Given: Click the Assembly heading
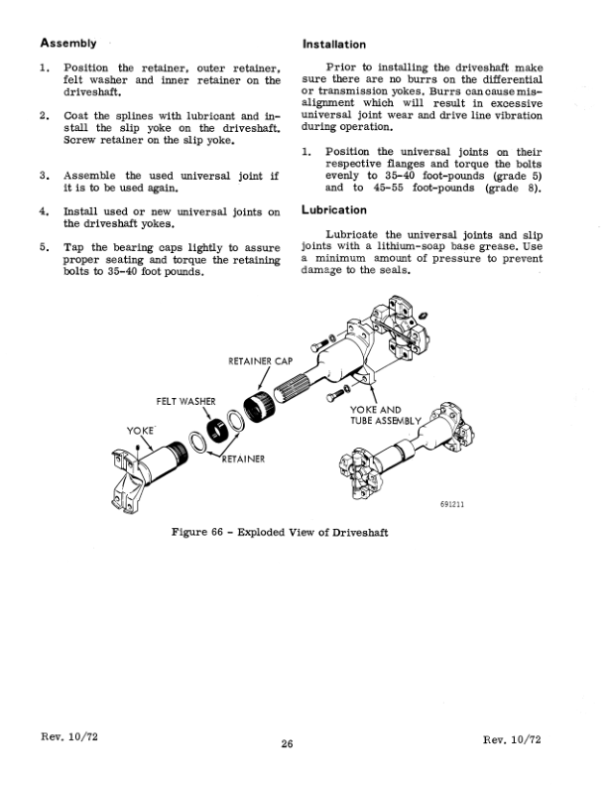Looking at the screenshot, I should click(x=68, y=43).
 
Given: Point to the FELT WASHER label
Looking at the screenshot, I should click(x=186, y=400).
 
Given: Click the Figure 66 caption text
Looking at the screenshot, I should click(x=279, y=533).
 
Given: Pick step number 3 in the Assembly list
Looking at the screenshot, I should click(x=45, y=175).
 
